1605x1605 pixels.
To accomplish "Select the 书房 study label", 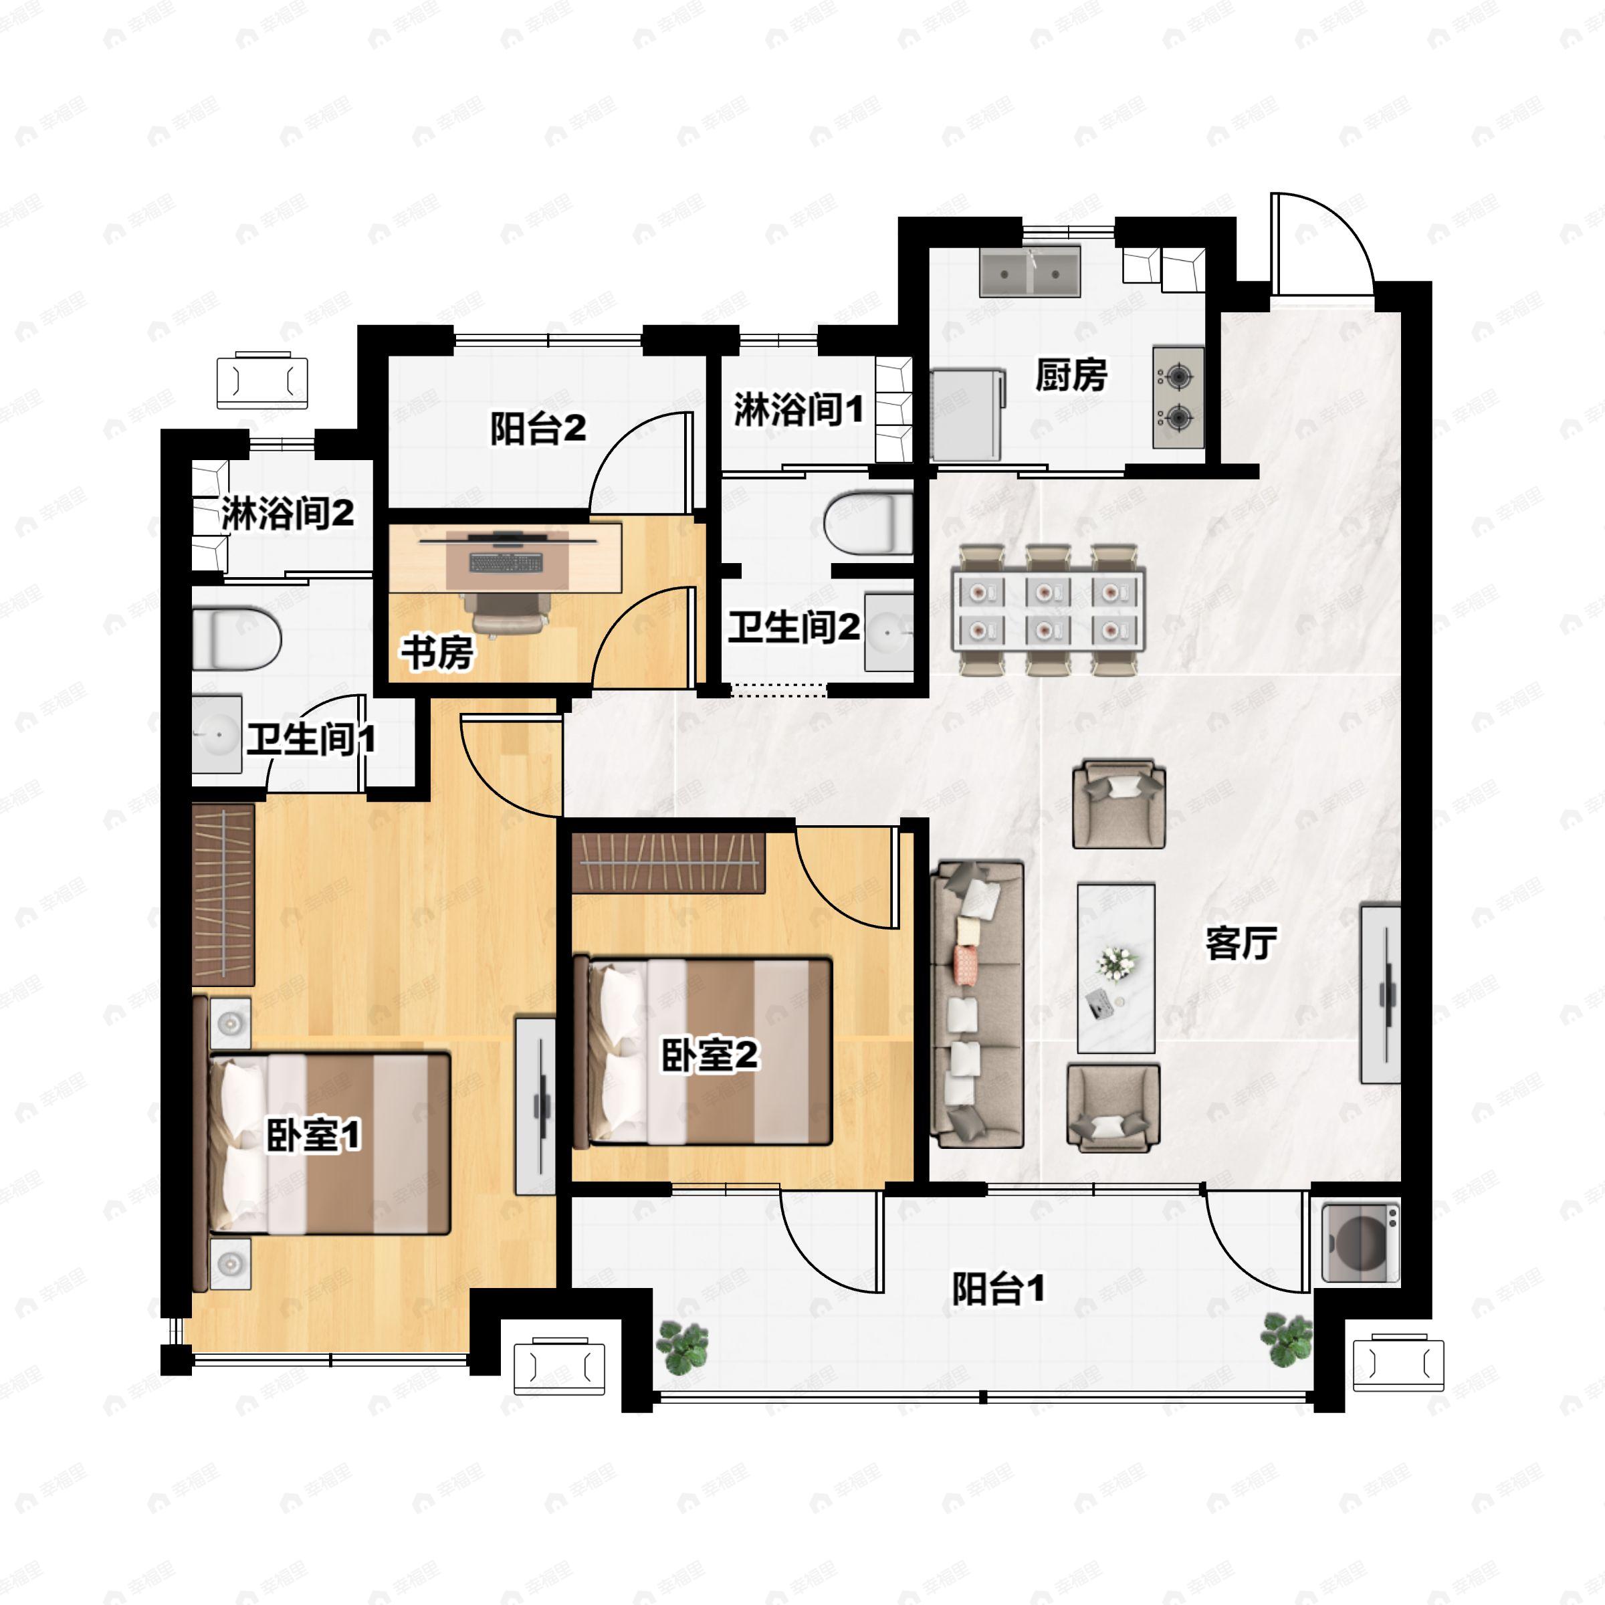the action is click(x=438, y=652).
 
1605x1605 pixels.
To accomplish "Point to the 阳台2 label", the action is click(x=538, y=429).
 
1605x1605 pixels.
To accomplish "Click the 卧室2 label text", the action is click(x=710, y=1055).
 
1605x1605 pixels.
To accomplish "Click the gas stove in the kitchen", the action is click(x=1178, y=397).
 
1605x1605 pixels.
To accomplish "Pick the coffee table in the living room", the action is click(x=1115, y=968).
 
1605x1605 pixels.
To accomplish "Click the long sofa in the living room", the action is click(x=977, y=1005).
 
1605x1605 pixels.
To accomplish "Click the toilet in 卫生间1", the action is click(x=236, y=638).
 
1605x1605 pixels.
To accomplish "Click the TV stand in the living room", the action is click(x=1380, y=994).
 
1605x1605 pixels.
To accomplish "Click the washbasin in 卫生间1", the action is click(x=217, y=734).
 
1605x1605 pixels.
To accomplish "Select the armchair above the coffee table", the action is click(x=1118, y=803).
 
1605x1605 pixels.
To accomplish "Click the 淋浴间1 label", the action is click(x=798, y=409).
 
